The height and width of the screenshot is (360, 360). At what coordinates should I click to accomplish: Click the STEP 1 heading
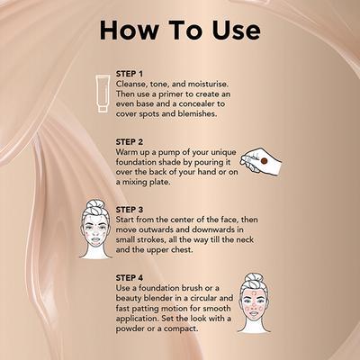[130, 73]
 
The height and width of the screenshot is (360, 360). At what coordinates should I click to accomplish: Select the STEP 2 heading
[130, 141]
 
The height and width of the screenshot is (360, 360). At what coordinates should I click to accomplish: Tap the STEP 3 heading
[130, 209]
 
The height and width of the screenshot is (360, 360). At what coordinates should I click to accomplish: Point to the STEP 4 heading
[130, 277]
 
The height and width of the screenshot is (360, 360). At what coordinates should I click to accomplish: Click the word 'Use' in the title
[232, 30]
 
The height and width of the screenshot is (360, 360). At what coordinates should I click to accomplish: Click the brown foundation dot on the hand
[264, 160]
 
